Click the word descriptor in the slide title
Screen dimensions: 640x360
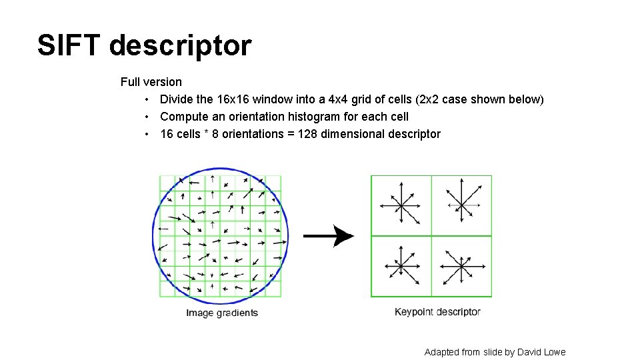tap(180, 46)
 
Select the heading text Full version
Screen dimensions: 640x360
tap(151, 82)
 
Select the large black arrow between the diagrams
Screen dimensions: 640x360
tap(329, 236)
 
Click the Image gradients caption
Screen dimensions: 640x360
tap(221, 313)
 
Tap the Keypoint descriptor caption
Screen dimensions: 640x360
tap(437, 312)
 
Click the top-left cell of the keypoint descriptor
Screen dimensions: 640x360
tap(401, 205)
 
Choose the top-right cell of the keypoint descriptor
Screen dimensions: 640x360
tap(461, 205)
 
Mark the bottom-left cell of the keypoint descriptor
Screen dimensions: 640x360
tap(401, 266)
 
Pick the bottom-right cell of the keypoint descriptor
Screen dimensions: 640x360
tap(461, 266)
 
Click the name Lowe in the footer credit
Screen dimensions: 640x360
tap(554, 352)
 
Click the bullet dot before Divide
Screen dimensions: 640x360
tap(146, 100)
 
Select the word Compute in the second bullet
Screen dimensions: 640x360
tap(183, 117)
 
